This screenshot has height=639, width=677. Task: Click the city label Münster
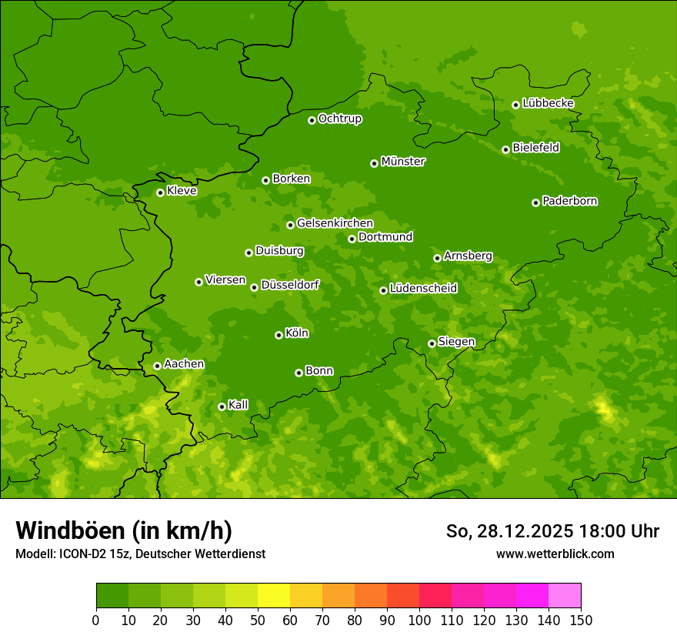coord(403,162)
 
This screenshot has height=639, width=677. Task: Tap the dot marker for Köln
coord(278,335)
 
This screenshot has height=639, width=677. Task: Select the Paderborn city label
coord(569,201)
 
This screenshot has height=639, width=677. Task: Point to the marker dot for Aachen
coord(157,366)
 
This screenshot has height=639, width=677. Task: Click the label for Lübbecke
coord(548,103)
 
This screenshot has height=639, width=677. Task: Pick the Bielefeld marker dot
coord(505,149)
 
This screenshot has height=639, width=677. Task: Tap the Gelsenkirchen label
coord(335,223)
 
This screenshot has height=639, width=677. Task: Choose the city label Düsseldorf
coord(290,285)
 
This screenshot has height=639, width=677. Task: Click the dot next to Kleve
coord(160,192)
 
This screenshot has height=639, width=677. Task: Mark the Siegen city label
coord(456,342)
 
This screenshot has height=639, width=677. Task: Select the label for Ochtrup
coord(340,119)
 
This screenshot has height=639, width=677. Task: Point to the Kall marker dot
coord(222,406)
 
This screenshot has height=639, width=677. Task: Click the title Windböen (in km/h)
coord(124,530)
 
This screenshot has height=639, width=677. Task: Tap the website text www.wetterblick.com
coord(555,554)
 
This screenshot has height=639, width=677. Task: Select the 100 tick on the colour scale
coord(419,620)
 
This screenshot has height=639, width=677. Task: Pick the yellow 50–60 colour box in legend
coord(274,596)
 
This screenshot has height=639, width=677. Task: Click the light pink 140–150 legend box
coord(565,596)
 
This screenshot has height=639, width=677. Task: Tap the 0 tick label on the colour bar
coord(96,620)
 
